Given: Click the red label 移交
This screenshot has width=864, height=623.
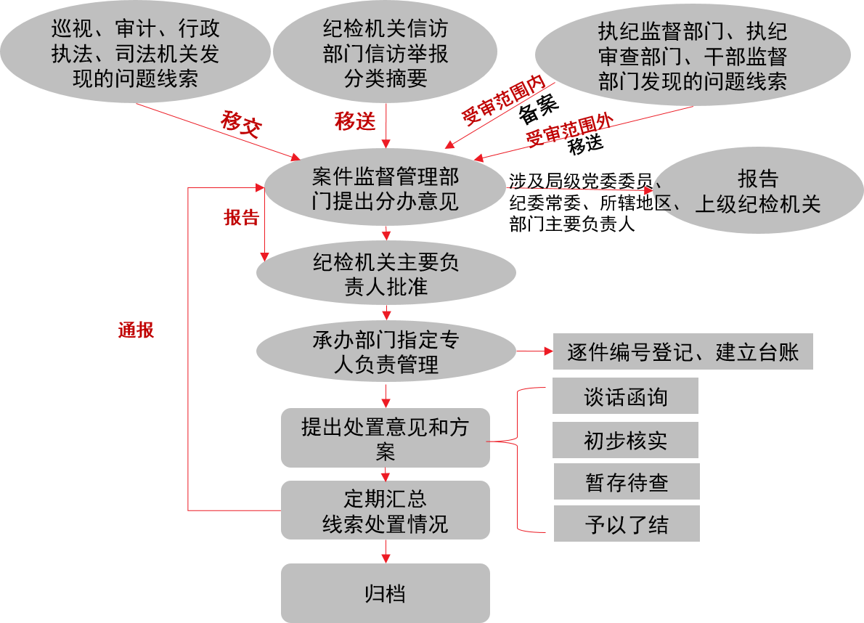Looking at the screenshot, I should click(x=241, y=124).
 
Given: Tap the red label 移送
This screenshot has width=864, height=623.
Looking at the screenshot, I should click(x=355, y=121).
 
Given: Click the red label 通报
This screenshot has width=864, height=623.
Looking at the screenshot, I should click(x=136, y=330).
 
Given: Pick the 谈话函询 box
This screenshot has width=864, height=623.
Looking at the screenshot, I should click(x=625, y=396).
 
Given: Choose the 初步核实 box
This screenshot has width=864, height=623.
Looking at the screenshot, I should click(x=625, y=440).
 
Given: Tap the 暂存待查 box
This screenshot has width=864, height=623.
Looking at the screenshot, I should click(x=626, y=482).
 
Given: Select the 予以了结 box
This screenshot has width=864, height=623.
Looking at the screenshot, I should click(x=626, y=524).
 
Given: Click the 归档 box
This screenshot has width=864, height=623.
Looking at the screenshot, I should click(x=385, y=593).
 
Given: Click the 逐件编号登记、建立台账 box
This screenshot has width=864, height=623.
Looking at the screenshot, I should click(x=682, y=352).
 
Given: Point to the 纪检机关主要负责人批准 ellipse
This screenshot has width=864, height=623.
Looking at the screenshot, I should click(x=386, y=274).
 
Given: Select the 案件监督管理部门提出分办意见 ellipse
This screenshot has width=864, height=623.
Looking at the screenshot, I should click(x=385, y=188).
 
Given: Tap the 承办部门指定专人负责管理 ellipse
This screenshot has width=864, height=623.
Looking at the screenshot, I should click(x=386, y=351).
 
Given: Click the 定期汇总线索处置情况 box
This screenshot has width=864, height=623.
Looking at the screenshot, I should click(x=385, y=510).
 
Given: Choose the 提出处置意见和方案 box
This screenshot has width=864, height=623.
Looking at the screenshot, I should click(x=385, y=438).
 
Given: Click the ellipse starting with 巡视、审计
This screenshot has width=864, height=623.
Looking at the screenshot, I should click(x=135, y=53).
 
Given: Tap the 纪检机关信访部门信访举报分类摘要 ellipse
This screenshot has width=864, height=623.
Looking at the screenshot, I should click(x=386, y=53).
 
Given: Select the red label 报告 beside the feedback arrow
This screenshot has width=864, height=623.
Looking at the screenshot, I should click(x=241, y=218).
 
